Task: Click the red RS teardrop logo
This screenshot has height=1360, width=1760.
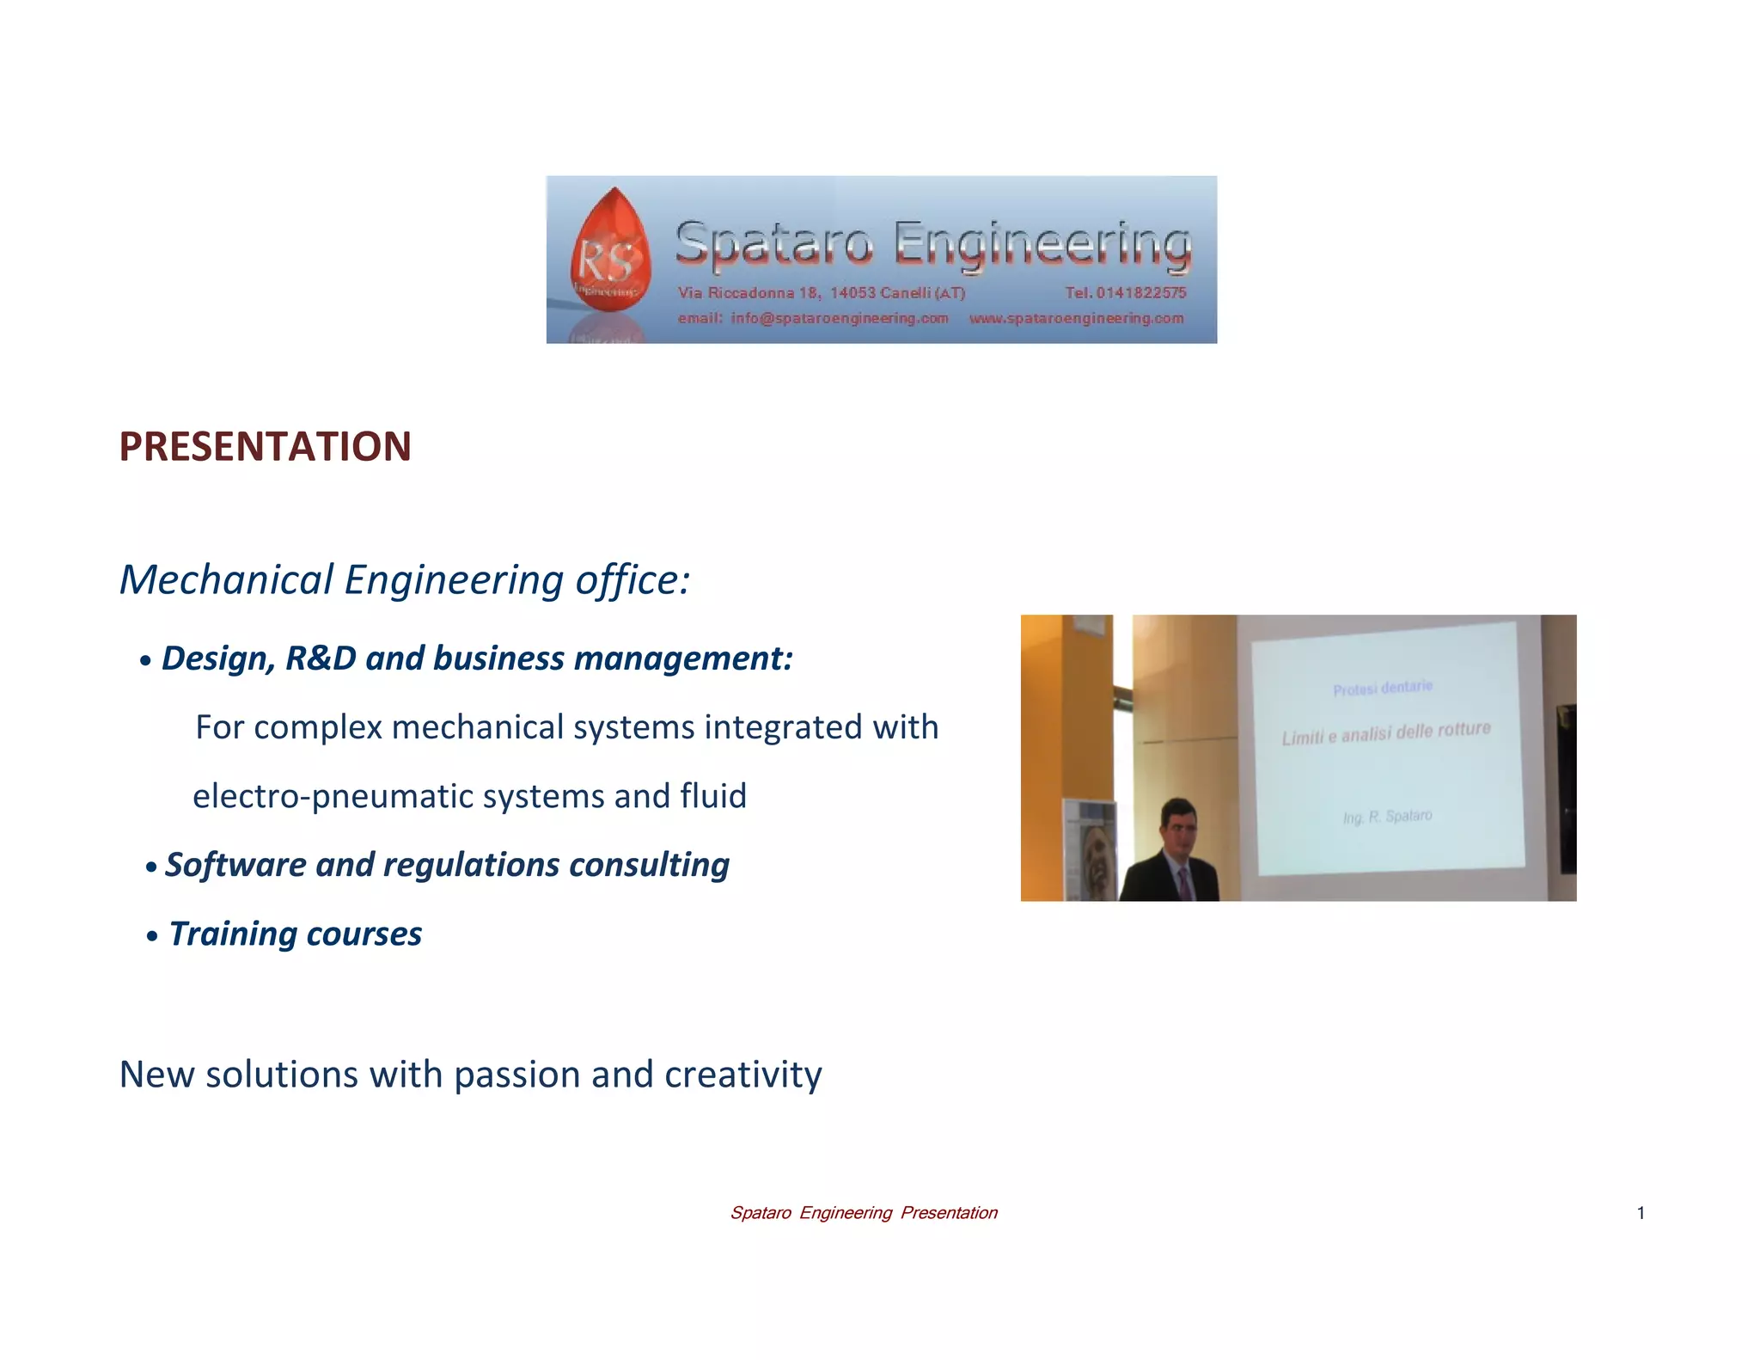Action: point(610,250)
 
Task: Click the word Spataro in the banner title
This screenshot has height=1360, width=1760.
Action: point(773,244)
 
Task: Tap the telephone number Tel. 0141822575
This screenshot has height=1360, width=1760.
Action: point(1126,293)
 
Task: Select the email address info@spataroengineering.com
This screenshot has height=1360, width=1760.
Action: point(839,319)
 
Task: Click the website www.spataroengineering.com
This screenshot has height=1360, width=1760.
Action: point(1076,319)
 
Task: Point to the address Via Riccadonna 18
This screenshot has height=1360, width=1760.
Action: point(748,293)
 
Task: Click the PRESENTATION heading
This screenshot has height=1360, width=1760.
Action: point(265,447)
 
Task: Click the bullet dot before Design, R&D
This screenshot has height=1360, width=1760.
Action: point(146,661)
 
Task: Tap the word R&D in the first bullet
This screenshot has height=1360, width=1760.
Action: point(320,659)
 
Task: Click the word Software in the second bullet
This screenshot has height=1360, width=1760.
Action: point(235,865)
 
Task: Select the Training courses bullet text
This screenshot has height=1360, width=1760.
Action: point(295,934)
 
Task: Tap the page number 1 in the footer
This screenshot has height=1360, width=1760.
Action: point(1641,1213)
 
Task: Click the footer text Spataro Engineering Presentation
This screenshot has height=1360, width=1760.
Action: point(863,1213)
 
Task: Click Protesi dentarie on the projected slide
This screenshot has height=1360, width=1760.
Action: point(1382,688)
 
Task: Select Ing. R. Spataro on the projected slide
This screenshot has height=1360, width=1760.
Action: point(1387,816)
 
